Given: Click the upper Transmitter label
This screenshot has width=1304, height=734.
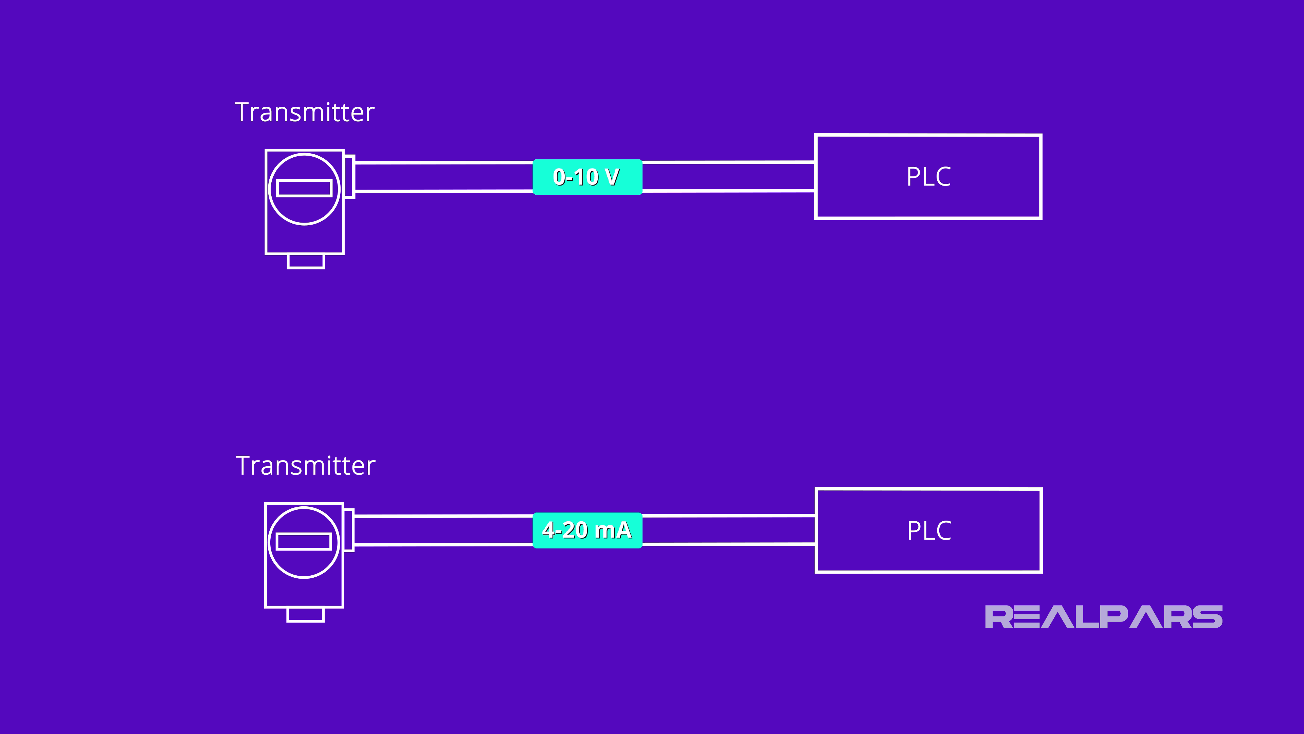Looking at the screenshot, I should coord(304,112).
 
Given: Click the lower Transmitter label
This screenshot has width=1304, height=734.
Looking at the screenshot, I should coord(305,466).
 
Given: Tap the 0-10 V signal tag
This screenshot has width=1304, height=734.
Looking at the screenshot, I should coord(587,177).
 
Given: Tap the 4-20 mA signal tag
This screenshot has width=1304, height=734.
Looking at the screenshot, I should coord(587,530).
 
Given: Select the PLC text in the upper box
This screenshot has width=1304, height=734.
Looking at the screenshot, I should coord(928,177).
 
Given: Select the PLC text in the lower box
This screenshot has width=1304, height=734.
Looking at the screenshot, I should coord(929,531).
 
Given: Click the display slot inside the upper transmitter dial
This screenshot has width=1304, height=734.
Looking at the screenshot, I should coord(304,188).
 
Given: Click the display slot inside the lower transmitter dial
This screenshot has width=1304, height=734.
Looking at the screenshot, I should coord(304,542).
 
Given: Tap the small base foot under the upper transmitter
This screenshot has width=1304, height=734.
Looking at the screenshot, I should coord(306,261).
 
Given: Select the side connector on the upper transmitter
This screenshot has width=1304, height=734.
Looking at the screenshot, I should coord(349,177).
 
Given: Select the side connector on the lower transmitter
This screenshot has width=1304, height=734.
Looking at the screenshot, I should coord(349,530).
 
